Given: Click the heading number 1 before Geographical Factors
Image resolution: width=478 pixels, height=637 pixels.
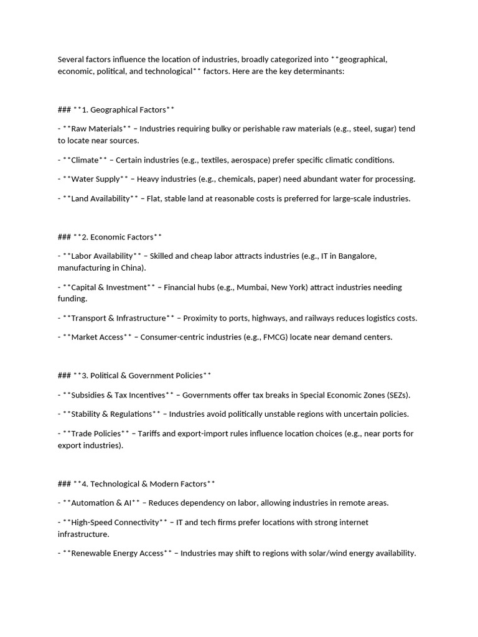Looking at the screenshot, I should pyautogui.click(x=85, y=109).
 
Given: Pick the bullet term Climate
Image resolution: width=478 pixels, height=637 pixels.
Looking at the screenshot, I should pyautogui.click(x=85, y=160).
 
